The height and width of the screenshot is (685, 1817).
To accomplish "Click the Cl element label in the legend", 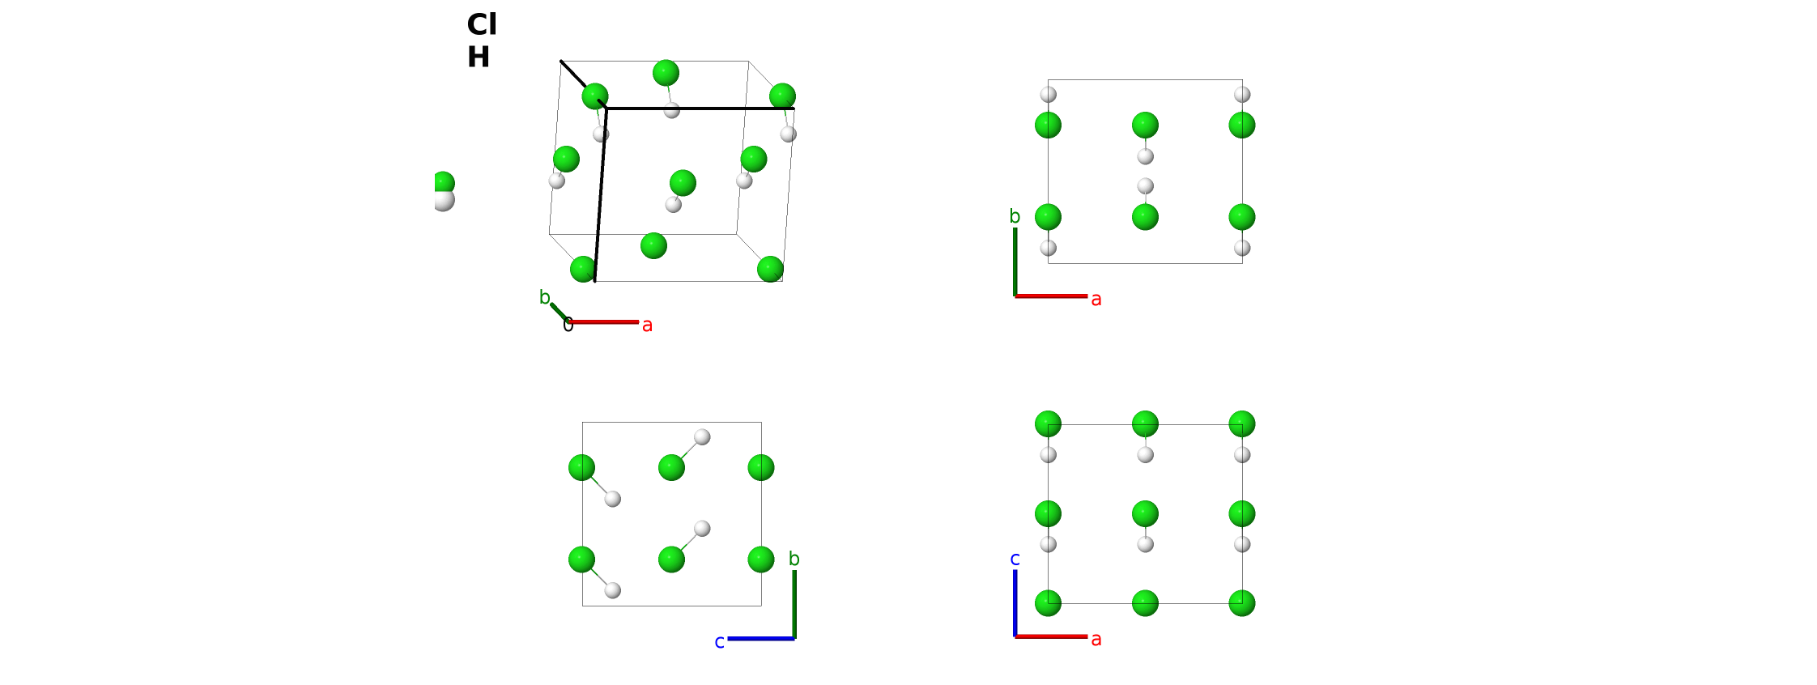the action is pos(482,25).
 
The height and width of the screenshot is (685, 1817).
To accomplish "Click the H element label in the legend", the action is pos(479,57).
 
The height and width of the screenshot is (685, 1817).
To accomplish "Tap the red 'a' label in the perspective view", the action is pos(647,325).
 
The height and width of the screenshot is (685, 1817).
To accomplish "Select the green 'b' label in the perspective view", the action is pos(545,297).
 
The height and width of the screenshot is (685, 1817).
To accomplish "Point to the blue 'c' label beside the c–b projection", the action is pos(719,642).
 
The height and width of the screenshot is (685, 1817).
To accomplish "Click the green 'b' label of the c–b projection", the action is pos(794,559).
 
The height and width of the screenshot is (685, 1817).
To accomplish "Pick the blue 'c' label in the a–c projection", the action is pos(1015,559).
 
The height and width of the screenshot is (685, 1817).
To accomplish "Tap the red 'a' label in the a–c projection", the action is pos(1096,640).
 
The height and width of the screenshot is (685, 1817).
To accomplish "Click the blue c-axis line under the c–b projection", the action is pos(761,639).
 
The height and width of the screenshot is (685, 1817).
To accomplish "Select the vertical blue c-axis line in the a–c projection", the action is pos(1015,603).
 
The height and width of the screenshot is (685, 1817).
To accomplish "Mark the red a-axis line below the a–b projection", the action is pos(1051,296).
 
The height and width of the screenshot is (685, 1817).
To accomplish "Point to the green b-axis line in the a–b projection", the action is pos(1015,262).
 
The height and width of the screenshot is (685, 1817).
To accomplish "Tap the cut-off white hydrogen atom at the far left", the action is pos(444,201).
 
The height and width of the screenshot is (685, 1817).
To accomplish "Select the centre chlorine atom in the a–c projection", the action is pos(1145,513).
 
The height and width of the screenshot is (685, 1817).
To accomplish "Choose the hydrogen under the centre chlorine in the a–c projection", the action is pos(1145,544).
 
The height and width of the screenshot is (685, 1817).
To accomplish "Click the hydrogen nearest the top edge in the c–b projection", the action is pos(702,437).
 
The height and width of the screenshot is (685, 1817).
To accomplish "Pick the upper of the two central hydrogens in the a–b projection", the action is pos(1145,156).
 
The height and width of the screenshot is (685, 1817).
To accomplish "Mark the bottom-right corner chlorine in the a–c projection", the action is pos(1242,603).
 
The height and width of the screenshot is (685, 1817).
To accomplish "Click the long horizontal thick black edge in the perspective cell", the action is pos(700,108).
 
